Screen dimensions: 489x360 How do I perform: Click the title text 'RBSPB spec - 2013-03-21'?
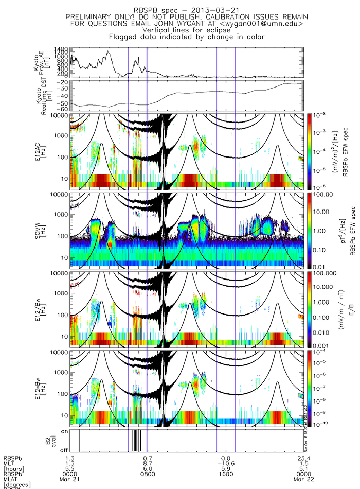tap(187, 10)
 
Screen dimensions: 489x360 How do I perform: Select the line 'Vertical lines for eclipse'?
tap(187, 30)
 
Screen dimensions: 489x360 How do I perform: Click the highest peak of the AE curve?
tap(108, 51)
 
